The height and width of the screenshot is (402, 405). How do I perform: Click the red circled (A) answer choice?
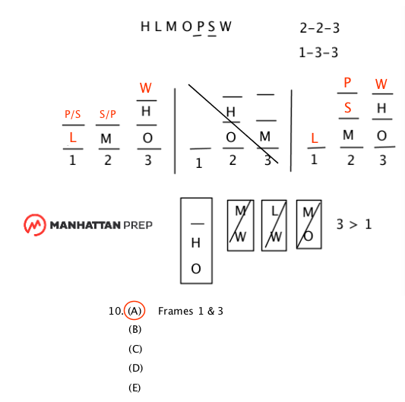coord(134,310)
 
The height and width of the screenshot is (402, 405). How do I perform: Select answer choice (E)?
coord(134,388)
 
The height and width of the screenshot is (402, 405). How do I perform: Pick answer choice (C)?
coord(135,349)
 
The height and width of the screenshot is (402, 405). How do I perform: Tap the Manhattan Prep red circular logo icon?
coord(35,225)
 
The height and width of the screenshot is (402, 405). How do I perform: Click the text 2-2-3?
coord(319,28)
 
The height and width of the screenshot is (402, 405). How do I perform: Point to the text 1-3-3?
coord(318,52)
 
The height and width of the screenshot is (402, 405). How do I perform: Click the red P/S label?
coord(73,114)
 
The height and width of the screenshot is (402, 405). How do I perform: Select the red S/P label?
coord(108,114)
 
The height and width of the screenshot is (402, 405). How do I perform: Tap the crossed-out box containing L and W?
coord(274,225)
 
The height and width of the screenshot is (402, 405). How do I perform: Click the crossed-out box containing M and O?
coord(309,224)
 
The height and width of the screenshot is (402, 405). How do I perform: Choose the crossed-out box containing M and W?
coord(240,225)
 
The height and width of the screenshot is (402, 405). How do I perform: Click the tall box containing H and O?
coord(196,241)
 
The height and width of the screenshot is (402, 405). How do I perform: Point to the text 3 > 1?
coord(354,224)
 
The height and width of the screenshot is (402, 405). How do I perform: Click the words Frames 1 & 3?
coord(191,311)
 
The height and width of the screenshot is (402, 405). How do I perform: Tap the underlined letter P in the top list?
coord(201,27)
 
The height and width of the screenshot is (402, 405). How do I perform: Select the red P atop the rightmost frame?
coord(347,83)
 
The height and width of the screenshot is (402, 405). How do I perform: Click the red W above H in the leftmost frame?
coord(146,88)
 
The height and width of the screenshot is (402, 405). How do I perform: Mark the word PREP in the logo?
coord(138,225)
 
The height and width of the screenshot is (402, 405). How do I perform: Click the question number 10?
coord(115,311)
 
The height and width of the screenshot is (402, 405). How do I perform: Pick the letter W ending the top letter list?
coord(226,27)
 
